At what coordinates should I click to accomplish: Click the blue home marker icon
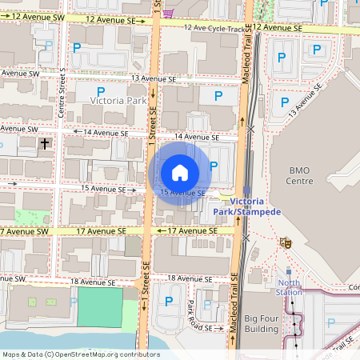pos(180,172)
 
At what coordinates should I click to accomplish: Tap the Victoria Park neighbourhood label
pos(118,102)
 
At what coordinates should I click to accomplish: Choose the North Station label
pos(289,286)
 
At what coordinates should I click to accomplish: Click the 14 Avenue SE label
pos(196,137)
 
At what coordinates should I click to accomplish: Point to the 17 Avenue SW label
pos(24,231)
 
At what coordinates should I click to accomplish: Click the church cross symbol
pos(45,145)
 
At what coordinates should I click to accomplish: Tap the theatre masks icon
pos(284,242)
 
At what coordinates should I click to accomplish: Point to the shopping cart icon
pos(167,11)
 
